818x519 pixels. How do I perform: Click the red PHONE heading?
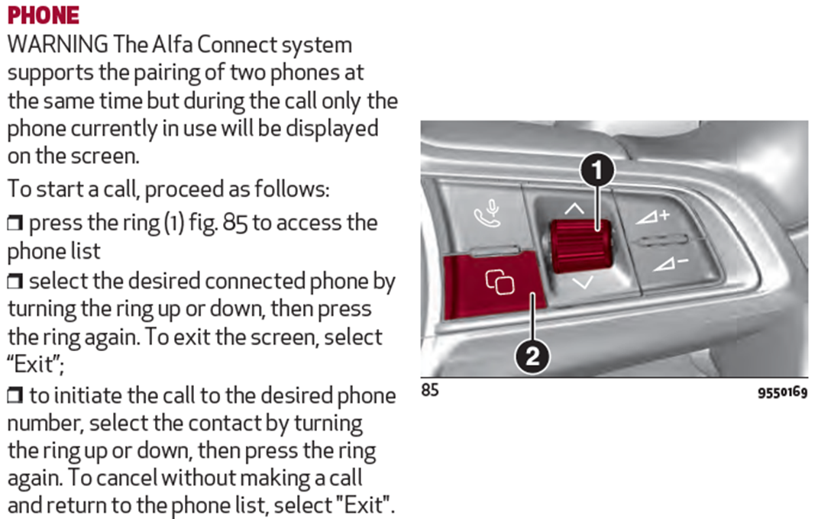(x=44, y=15)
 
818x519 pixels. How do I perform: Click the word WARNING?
(x=58, y=44)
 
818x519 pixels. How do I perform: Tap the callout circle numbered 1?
(x=597, y=170)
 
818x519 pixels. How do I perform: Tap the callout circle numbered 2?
(x=532, y=356)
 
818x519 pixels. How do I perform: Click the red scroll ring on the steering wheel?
(x=580, y=246)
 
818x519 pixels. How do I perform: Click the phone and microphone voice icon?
(x=487, y=214)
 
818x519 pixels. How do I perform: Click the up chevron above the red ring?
(x=574, y=209)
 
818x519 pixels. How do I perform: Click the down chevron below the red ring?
(x=583, y=283)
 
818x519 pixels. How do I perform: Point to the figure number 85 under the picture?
(x=430, y=390)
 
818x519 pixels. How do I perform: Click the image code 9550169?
(x=782, y=392)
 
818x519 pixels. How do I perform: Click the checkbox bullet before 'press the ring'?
(x=15, y=223)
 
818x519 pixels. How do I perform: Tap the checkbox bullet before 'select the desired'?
(x=15, y=282)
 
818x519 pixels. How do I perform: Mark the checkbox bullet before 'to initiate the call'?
(x=15, y=396)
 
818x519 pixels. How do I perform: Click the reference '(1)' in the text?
(x=174, y=223)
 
